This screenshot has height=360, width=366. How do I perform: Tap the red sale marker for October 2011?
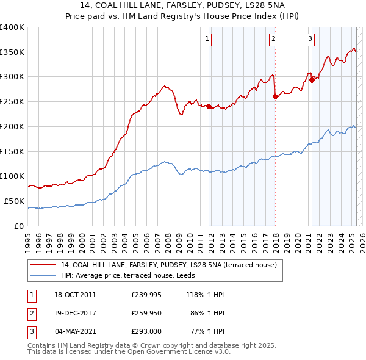(209, 106)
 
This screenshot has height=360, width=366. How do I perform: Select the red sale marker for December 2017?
(275, 96)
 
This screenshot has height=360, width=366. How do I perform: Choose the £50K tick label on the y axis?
(15, 201)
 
